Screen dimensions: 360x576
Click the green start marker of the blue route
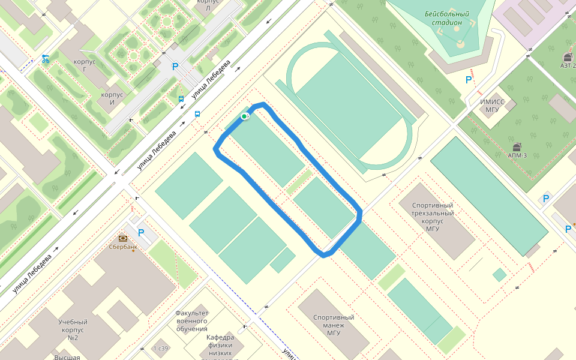pyautogui.click(x=244, y=116)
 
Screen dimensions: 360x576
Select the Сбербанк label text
pyautogui.click(x=124, y=247)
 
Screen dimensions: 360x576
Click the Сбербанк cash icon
pyautogui.click(x=124, y=238)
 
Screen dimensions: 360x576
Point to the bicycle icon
pyautogui.click(x=46, y=59)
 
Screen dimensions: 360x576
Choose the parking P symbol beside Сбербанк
pyautogui.click(x=141, y=233)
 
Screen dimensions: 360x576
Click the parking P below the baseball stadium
pyautogui.click(x=469, y=80)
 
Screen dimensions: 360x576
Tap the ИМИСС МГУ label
pyautogui.click(x=492, y=106)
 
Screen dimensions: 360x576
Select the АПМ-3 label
pyautogui.click(x=517, y=155)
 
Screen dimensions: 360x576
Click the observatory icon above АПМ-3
pyautogui.click(x=517, y=146)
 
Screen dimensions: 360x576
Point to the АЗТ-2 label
pyautogui.click(x=568, y=66)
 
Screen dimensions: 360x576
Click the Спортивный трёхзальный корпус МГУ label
pyautogui.click(x=433, y=217)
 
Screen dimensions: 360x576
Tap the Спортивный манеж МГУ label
pyautogui.click(x=334, y=325)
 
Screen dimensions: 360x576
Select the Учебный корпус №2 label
pyautogui.click(x=73, y=330)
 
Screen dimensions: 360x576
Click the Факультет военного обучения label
pyautogui.click(x=192, y=321)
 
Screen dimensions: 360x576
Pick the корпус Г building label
pyautogui.click(x=84, y=65)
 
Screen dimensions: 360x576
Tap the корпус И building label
pyautogui.click(x=112, y=98)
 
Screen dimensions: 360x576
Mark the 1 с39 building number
pyautogui.click(x=161, y=349)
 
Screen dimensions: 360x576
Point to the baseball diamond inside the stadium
pyautogui.click(x=460, y=35)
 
